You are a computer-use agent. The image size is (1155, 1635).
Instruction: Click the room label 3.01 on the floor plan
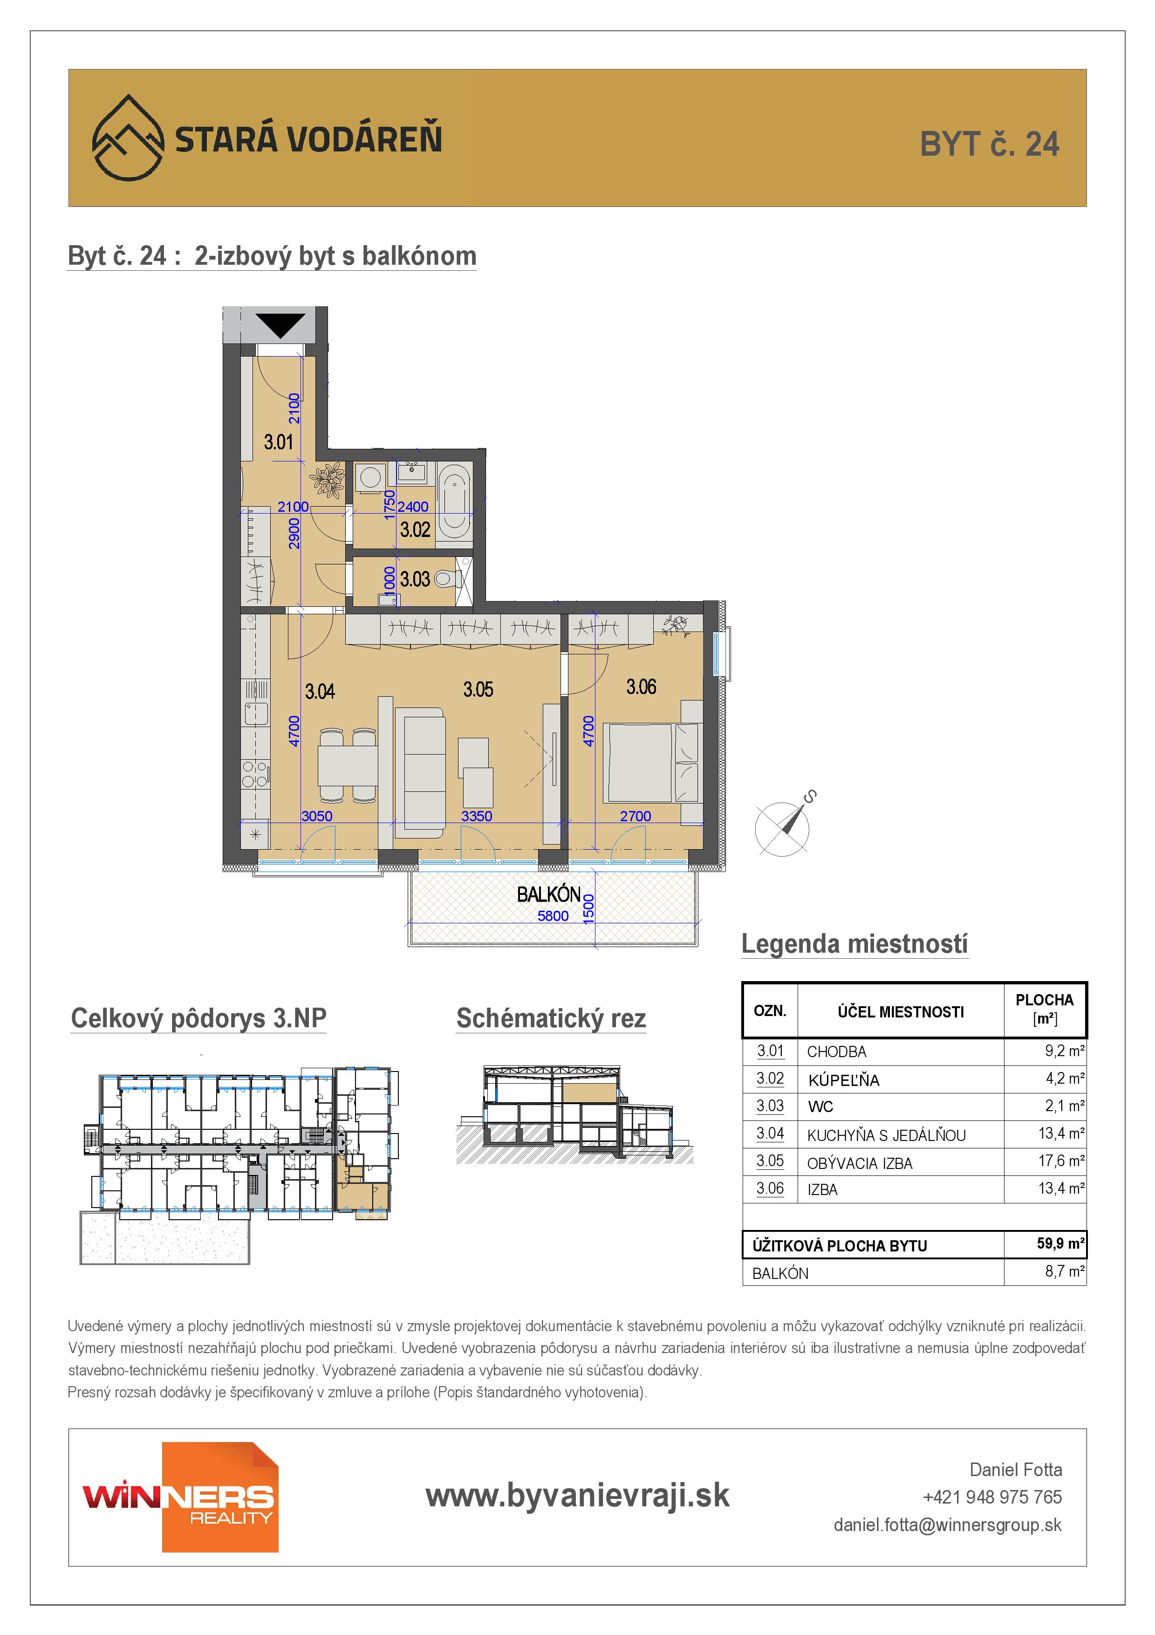coord(278,442)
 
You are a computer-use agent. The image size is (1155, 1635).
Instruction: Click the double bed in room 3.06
coord(651,763)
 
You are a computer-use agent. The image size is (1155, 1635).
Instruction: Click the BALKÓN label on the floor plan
coord(549,894)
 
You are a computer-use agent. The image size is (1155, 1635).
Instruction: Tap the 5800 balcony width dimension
coord(553,916)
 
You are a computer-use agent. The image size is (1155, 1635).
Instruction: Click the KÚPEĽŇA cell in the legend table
coord(843,1080)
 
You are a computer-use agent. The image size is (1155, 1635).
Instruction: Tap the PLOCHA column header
coord(1044,1009)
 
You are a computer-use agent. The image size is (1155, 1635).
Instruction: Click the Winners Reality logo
coord(180,1497)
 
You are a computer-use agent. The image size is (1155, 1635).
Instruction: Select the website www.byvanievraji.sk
coord(577,1496)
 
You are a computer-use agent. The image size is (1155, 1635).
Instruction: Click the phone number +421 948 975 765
coord(992,1497)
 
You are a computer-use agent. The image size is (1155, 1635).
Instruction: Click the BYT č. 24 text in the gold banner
coord(989,144)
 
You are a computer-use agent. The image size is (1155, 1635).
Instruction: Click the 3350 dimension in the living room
coord(476,816)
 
